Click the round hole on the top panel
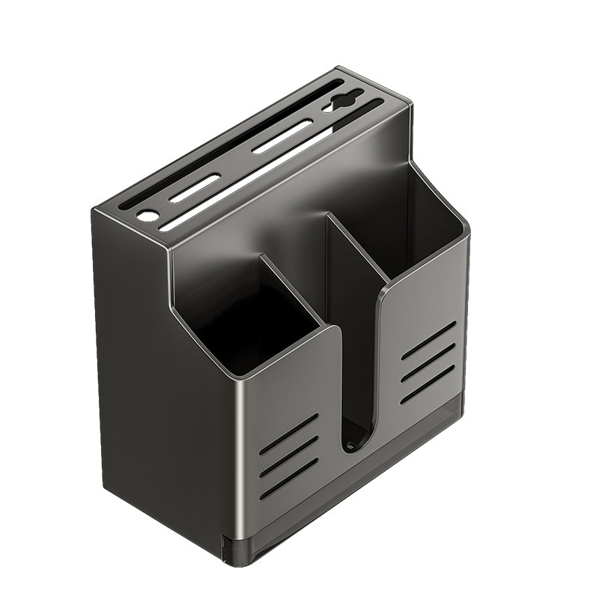[148, 215]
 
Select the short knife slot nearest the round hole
[195, 188]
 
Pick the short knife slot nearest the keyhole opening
[282, 136]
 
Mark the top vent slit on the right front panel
[428, 341]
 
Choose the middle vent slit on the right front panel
[428, 362]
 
